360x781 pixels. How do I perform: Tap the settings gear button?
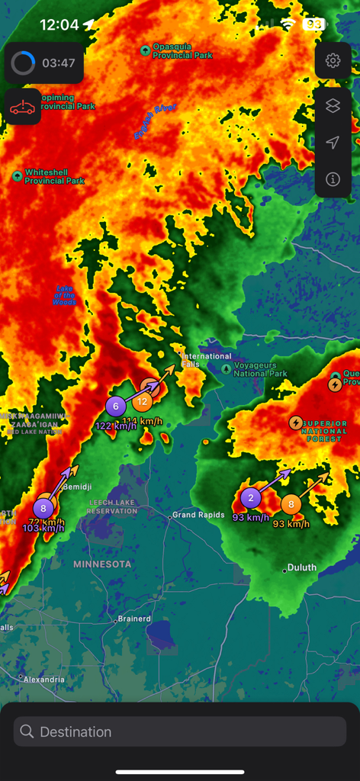(x=333, y=61)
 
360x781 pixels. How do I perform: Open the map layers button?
(x=333, y=106)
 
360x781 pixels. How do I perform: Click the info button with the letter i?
(x=333, y=179)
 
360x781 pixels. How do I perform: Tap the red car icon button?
(x=23, y=107)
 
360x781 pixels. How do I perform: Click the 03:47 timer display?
(x=44, y=63)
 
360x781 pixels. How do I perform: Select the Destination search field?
(x=180, y=731)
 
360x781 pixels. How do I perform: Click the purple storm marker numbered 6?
(x=116, y=407)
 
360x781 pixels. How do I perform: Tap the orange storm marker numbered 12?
(x=143, y=401)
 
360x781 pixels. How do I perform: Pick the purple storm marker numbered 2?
(x=251, y=499)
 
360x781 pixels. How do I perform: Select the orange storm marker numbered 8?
(x=291, y=504)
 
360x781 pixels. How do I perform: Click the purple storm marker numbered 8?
(x=43, y=508)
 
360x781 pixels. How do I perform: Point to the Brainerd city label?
(x=134, y=619)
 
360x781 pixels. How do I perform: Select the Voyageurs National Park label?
(x=260, y=370)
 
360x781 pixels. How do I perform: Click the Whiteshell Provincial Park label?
(x=54, y=177)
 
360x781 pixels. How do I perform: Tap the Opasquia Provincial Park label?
(x=182, y=51)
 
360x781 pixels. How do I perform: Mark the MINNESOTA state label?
(x=102, y=564)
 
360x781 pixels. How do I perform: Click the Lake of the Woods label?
(x=64, y=295)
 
